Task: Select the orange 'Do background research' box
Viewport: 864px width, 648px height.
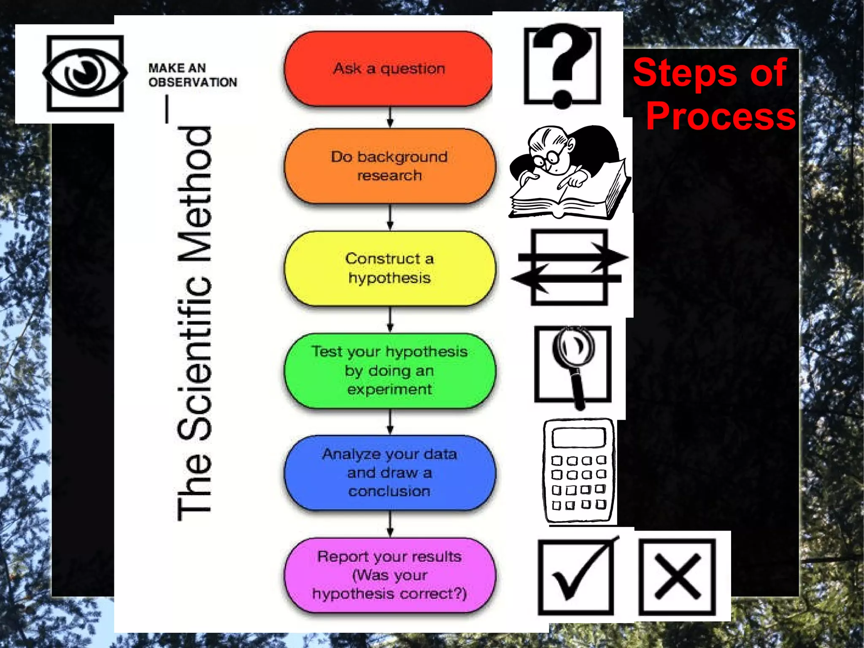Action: point(389,166)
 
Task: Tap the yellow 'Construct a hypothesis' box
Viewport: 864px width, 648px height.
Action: point(389,268)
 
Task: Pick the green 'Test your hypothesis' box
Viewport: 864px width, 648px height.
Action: point(389,370)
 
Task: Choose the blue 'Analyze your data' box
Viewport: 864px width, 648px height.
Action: point(389,472)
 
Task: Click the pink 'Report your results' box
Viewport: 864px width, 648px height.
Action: point(389,575)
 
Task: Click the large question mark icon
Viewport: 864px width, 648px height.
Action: point(562,65)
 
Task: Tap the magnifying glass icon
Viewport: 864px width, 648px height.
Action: point(573,363)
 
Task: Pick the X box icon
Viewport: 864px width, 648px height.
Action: point(677,577)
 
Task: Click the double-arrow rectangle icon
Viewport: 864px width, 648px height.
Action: point(570,267)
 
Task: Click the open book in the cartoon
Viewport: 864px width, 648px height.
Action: point(565,196)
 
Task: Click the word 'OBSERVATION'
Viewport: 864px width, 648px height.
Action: point(192,82)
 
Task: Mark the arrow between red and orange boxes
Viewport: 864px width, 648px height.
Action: point(390,117)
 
